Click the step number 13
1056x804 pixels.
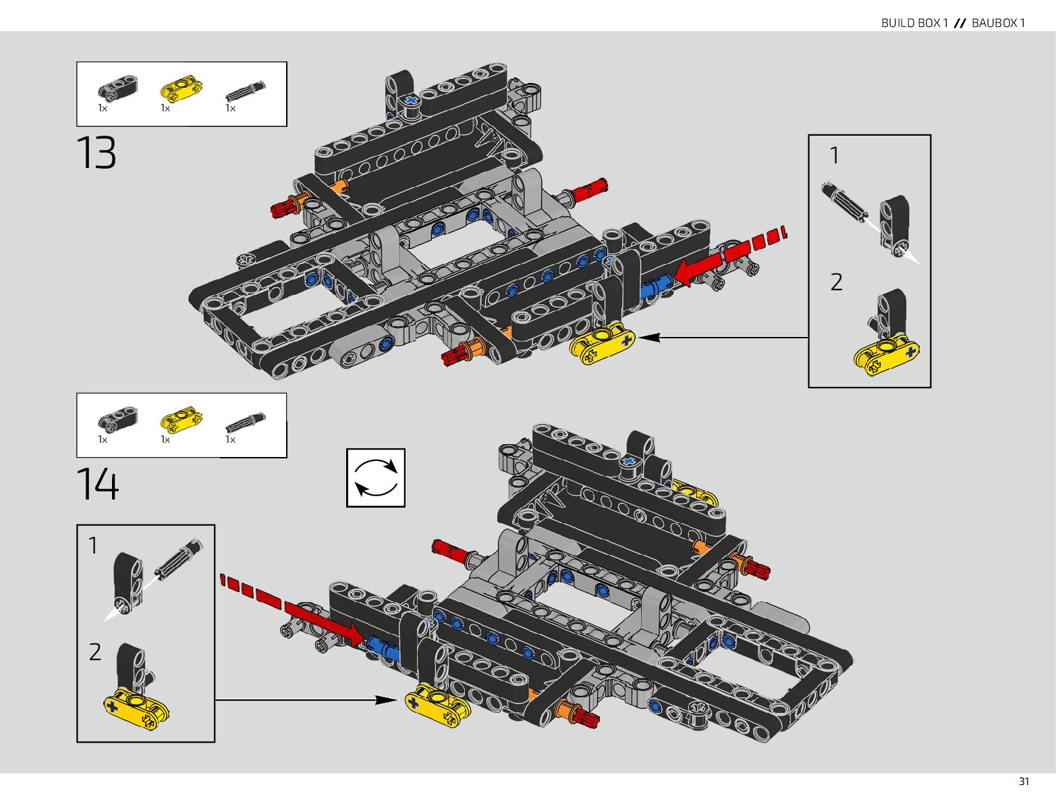click(x=96, y=153)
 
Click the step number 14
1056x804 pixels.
click(x=97, y=483)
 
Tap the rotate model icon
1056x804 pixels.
click(x=376, y=477)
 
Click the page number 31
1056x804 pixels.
click(x=1024, y=781)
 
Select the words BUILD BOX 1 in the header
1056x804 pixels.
click(x=914, y=23)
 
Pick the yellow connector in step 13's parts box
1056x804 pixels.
click(x=181, y=88)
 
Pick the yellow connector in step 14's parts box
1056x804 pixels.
click(x=181, y=419)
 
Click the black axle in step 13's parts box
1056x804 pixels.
click(x=245, y=90)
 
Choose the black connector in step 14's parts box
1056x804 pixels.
click(x=117, y=419)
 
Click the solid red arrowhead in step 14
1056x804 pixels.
click(x=356, y=634)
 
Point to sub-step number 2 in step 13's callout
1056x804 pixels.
click(x=836, y=282)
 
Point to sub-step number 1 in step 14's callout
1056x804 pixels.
click(x=93, y=545)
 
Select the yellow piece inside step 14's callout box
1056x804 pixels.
click(x=136, y=708)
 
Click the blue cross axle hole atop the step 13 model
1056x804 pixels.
click(x=412, y=101)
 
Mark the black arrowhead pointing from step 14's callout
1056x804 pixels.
click(x=387, y=700)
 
